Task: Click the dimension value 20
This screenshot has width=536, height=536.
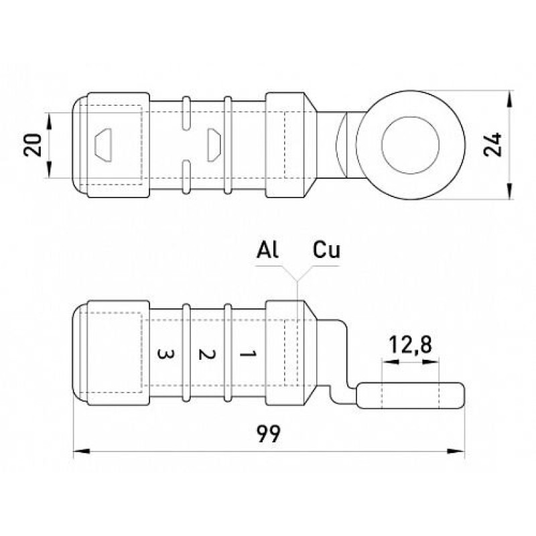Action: coord(33,145)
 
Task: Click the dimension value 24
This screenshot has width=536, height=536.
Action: coord(492,145)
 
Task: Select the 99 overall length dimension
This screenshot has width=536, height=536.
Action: coord(269,433)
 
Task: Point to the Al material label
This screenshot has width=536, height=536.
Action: coord(267,249)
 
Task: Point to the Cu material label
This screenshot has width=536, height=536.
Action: coord(326,249)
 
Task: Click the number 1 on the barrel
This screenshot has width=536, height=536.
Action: coord(248,354)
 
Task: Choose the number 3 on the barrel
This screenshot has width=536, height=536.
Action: coord(165,354)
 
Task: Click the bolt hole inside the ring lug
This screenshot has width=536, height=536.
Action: coord(411,145)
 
